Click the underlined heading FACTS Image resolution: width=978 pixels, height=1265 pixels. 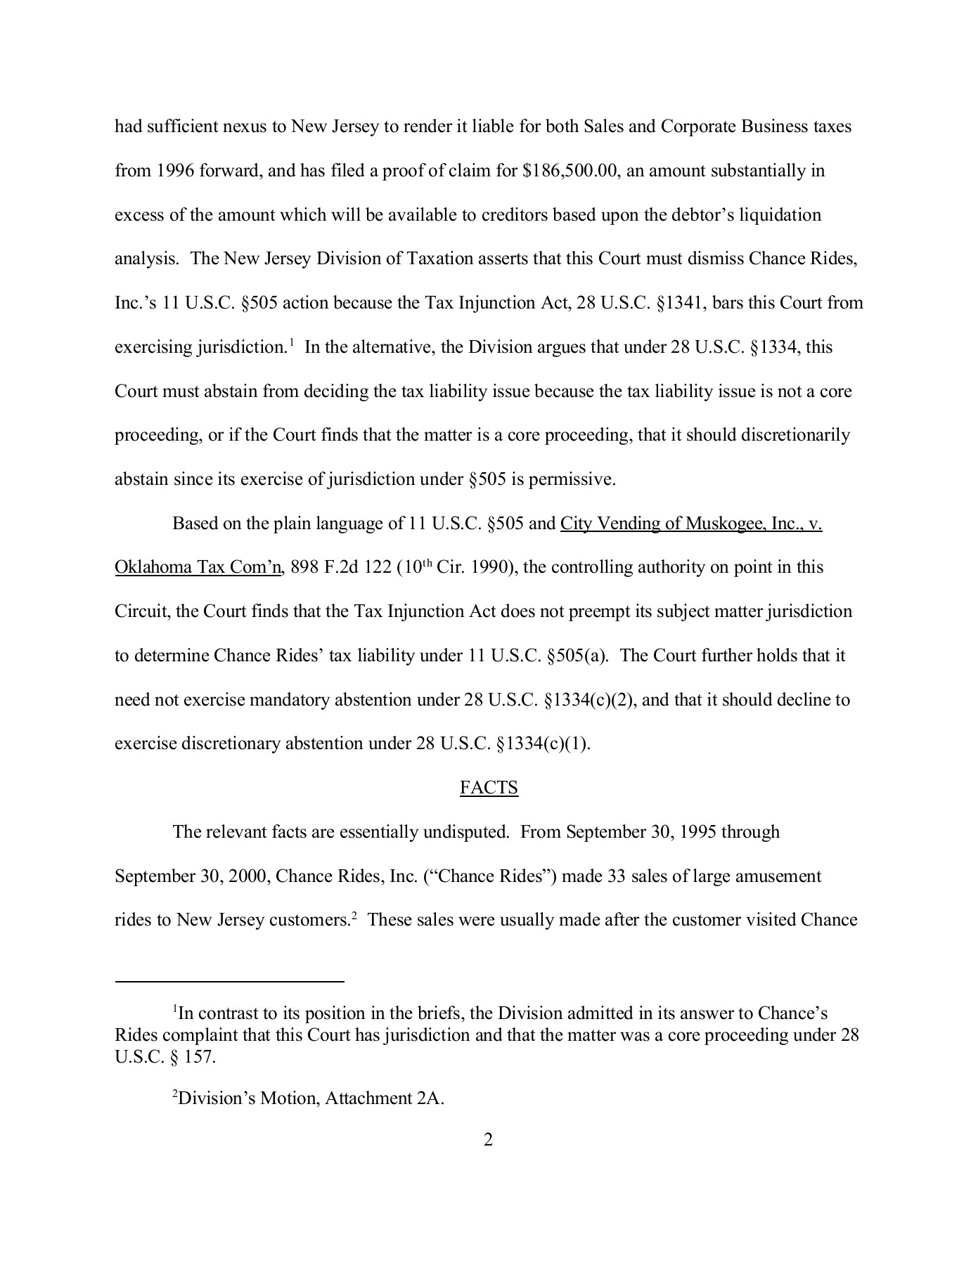point(489,788)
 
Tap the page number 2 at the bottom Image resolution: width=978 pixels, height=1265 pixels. point(489,1139)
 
